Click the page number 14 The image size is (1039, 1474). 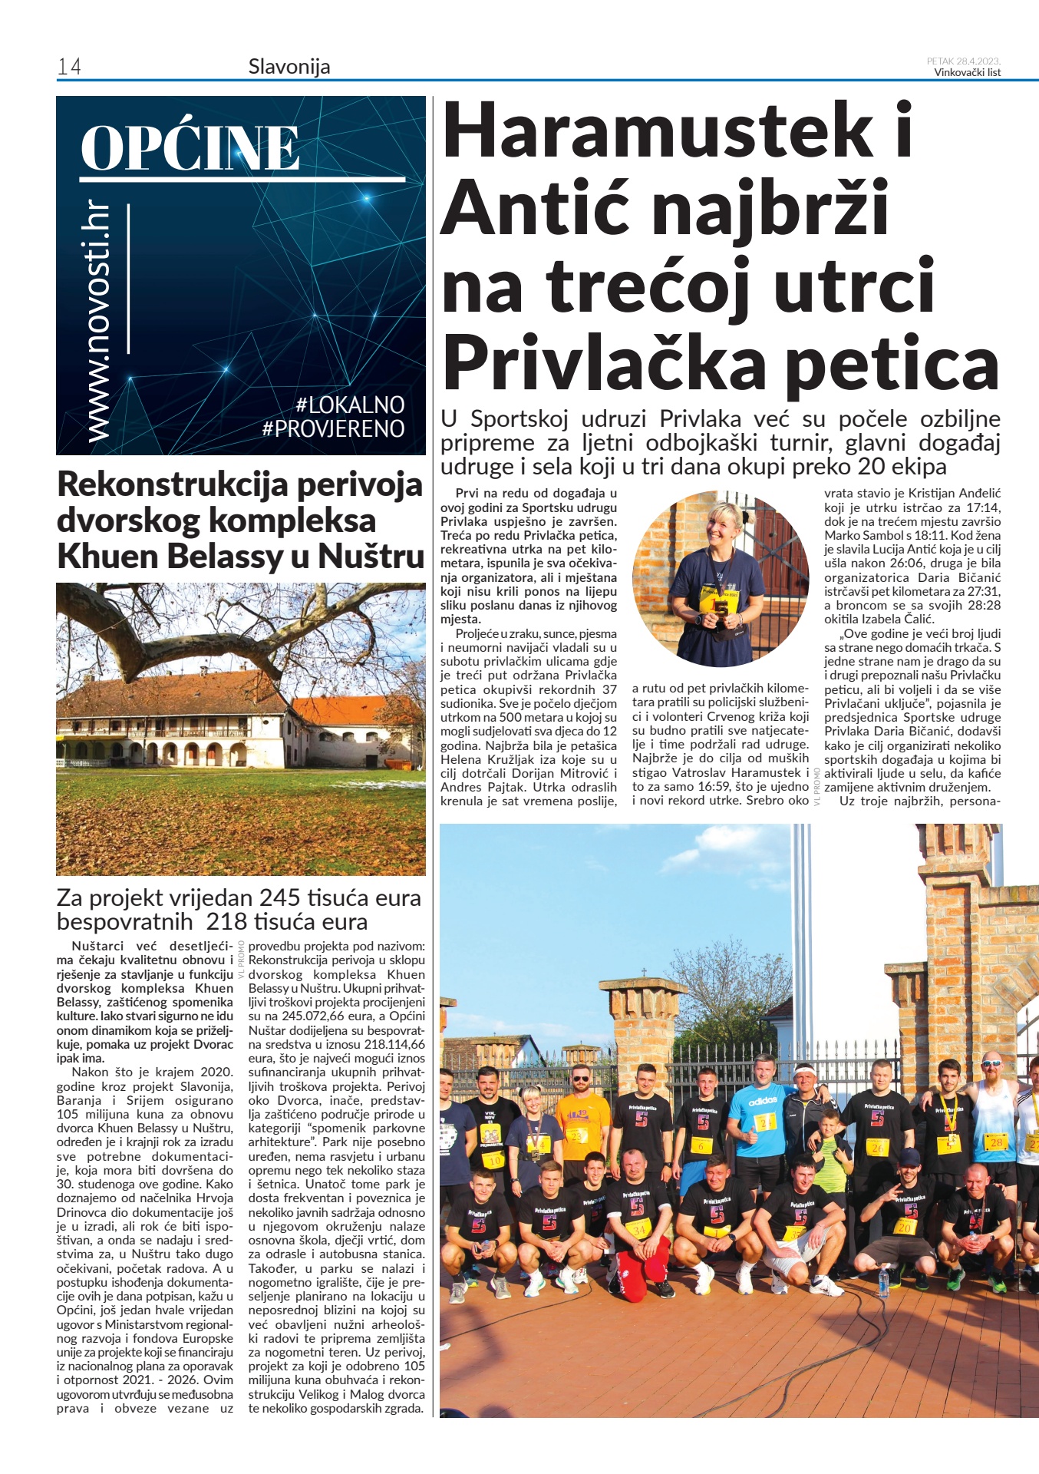tap(69, 68)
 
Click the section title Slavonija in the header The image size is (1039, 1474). tap(289, 67)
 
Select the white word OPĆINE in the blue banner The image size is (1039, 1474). tap(190, 148)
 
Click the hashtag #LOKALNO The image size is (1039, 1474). tap(349, 405)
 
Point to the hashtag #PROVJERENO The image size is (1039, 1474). tap(333, 428)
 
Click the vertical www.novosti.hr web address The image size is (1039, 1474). tap(98, 322)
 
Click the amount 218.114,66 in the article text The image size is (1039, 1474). tap(391, 1044)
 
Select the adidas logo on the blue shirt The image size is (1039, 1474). tap(763, 1100)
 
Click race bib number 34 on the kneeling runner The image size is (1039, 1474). tap(639, 1229)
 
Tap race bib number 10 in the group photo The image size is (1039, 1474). tap(496, 1160)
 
